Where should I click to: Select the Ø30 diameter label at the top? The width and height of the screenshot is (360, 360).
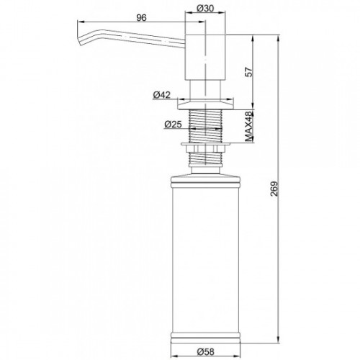(x=206, y=9)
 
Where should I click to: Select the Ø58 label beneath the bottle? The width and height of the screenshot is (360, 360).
(x=207, y=353)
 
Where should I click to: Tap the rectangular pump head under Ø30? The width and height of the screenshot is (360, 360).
(x=206, y=56)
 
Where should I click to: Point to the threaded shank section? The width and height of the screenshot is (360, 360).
(x=206, y=126)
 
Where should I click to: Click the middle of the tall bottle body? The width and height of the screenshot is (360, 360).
(x=206, y=252)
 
